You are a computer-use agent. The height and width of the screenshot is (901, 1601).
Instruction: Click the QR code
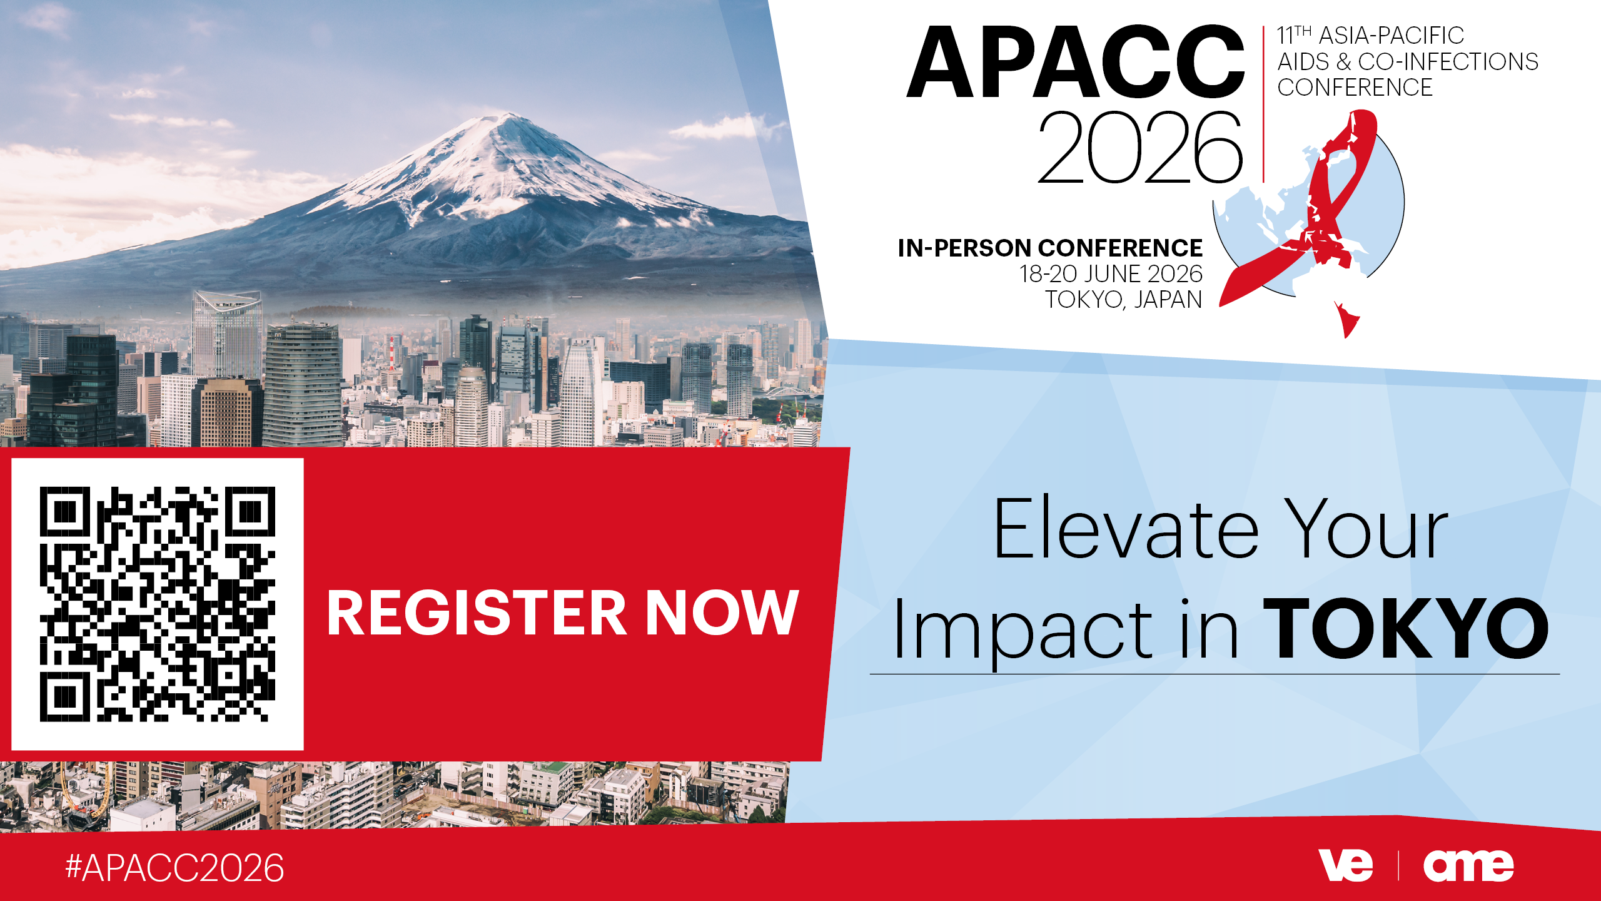pos(158,604)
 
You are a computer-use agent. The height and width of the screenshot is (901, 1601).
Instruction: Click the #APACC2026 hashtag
pos(174,868)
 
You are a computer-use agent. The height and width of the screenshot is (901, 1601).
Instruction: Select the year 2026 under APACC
pos(1140,148)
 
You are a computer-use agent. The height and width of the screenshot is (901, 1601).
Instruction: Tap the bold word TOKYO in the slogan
pos(1405,629)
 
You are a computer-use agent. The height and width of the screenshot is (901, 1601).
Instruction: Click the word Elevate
pos(1126,528)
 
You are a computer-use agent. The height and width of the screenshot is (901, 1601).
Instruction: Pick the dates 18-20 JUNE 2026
pos(1111,274)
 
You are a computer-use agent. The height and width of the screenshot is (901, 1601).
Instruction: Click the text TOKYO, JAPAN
pos(1124,300)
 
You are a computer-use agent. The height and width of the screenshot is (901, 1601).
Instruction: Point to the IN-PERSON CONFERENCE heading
pos(1050,248)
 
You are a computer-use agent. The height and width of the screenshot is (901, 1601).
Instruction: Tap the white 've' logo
pos(1345,865)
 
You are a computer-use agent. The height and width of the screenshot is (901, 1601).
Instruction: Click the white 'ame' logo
pos(1468,865)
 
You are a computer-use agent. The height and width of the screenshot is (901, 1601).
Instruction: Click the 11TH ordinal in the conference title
pos(1294,36)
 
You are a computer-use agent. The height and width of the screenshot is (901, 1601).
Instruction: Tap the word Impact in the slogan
pos(1023,632)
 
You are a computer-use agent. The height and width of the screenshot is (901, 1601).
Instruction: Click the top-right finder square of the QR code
pos(250,512)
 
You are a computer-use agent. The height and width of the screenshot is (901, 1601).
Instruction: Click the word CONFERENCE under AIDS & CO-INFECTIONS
pos(1355,88)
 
